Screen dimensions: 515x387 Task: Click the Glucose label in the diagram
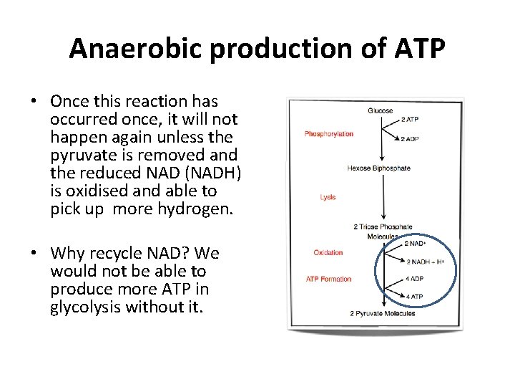point(380,110)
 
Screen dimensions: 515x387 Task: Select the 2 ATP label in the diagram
point(411,119)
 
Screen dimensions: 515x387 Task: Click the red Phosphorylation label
point(328,134)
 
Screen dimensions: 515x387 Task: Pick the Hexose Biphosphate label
point(378,168)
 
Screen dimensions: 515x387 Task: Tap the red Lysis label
point(328,197)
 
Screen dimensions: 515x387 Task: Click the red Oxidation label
point(328,252)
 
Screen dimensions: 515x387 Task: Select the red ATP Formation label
point(328,279)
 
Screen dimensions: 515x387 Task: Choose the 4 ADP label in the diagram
point(414,279)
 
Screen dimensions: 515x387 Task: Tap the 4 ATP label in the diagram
point(414,296)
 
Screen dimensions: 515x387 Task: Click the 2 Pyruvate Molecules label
point(382,313)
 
